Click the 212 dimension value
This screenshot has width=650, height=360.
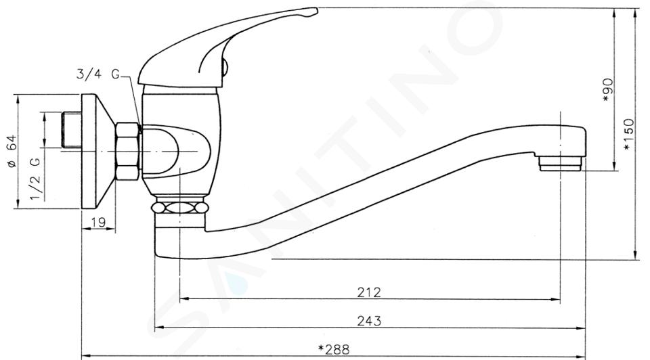click(369, 292)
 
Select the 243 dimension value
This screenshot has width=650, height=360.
click(369, 321)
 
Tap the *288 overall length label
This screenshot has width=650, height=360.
click(334, 350)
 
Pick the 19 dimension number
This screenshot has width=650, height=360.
click(98, 223)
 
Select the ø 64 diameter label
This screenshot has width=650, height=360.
click(12, 151)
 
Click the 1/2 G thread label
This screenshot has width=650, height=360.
click(36, 179)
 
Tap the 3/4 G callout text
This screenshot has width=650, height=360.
click(97, 74)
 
